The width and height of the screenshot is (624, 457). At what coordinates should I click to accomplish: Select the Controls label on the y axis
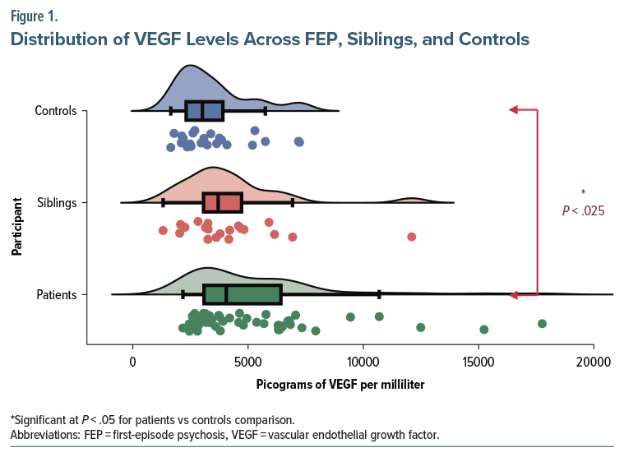point(56,111)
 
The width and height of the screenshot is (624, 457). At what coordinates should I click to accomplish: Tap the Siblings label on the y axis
point(58,202)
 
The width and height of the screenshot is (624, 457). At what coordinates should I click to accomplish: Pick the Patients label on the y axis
point(57,294)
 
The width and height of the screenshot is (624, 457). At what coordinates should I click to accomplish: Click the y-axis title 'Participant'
point(16,225)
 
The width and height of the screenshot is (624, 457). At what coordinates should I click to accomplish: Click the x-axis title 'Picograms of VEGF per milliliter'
point(340,384)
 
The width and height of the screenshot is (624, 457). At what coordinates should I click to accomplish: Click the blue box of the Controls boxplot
point(204,111)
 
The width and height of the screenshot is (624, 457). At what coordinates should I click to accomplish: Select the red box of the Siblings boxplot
point(223,202)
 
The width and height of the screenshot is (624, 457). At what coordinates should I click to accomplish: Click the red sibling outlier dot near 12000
point(411,237)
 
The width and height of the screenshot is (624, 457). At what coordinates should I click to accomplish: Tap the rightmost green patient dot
point(542,323)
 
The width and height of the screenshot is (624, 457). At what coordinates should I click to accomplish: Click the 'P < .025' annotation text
point(583,211)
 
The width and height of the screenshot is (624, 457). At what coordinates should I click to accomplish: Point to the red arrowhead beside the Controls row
point(513,109)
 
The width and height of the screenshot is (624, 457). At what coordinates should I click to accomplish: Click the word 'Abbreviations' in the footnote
point(42,434)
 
